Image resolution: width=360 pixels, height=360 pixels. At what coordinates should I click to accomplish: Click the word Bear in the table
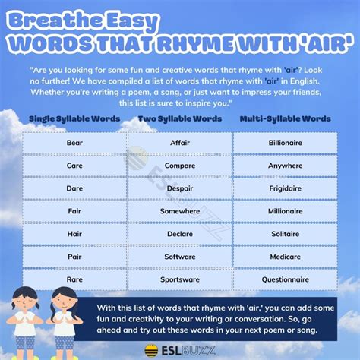pyautogui.click(x=74, y=143)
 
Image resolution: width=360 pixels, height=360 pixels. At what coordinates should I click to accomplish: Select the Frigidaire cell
pyautogui.click(x=285, y=188)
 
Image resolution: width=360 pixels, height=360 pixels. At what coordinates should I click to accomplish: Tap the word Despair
pyautogui.click(x=179, y=188)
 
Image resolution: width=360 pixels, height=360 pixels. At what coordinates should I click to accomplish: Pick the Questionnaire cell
pyautogui.click(x=285, y=279)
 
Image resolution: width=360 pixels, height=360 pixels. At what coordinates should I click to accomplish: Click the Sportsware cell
pyautogui.click(x=179, y=279)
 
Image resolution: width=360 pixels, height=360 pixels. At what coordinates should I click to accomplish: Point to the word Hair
pyautogui.click(x=74, y=234)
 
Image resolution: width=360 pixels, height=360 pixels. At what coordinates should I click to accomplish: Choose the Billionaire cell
pyautogui.click(x=285, y=143)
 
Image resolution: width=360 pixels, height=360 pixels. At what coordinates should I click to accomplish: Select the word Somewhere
pyautogui.click(x=179, y=211)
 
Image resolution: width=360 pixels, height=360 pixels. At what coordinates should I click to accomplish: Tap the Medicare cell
pyautogui.click(x=285, y=257)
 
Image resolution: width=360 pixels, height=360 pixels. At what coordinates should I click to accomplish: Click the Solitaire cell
pyautogui.click(x=285, y=234)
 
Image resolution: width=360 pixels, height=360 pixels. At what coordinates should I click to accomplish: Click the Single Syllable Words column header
pyautogui.click(x=74, y=120)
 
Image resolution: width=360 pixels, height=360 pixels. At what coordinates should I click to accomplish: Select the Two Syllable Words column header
pyautogui.click(x=179, y=120)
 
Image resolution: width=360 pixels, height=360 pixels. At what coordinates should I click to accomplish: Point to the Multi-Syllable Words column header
pyautogui.click(x=285, y=120)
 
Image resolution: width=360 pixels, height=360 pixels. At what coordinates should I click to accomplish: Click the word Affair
pyautogui.click(x=179, y=143)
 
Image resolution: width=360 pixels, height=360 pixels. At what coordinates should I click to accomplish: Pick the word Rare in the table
pyautogui.click(x=74, y=279)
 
